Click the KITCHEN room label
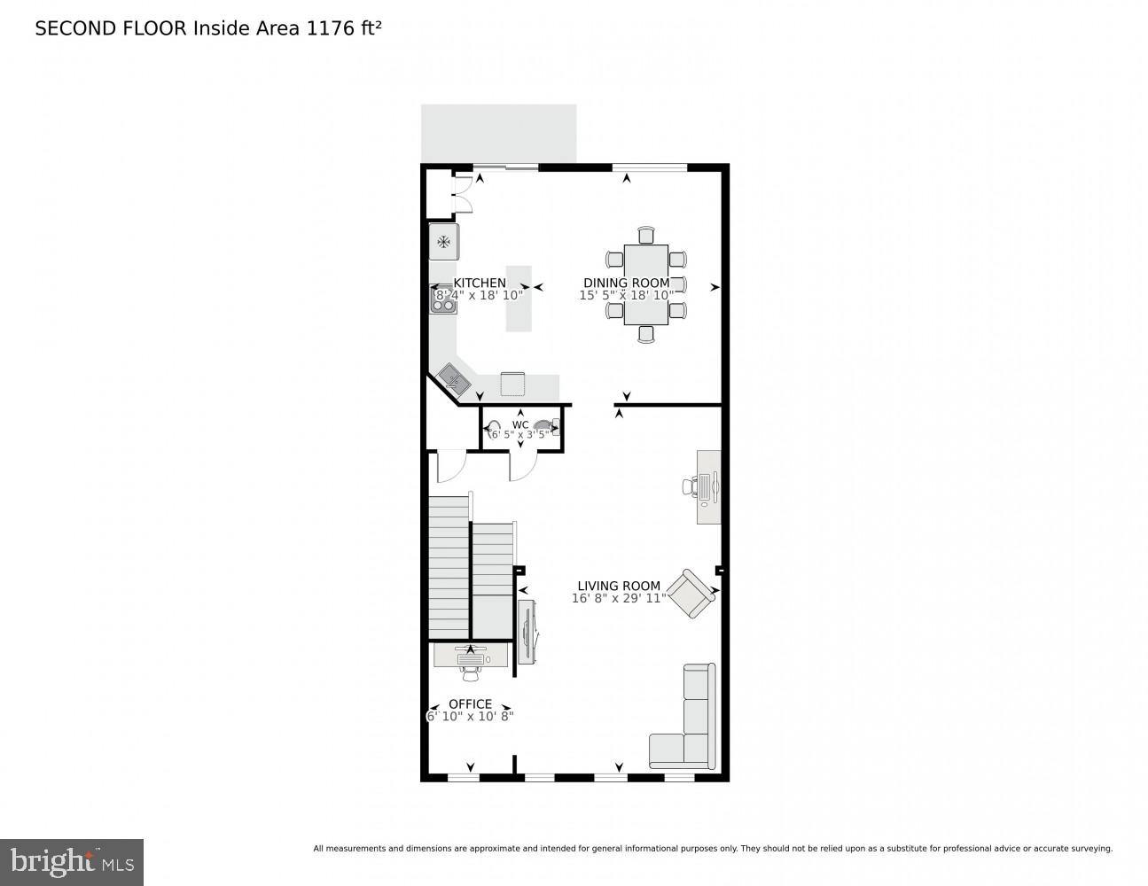480,283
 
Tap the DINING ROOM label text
626,283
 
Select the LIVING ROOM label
619,586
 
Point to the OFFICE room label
470,704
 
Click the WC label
520,425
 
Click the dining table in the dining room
645,284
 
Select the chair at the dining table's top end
645,235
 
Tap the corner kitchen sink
455,379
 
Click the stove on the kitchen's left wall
442,299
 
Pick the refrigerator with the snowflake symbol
443,242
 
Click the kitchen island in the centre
519,299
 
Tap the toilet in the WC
546,428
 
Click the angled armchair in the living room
691,594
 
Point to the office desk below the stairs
471,655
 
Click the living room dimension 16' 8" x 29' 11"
619,599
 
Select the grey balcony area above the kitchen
498,134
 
